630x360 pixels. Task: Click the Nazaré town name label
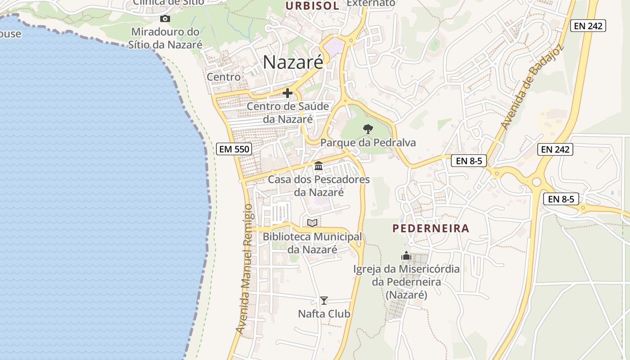(x=293, y=62)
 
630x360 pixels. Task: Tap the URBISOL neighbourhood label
(x=312, y=5)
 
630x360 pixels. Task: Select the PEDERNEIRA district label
(x=431, y=228)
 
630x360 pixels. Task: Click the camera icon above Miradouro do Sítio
(x=165, y=18)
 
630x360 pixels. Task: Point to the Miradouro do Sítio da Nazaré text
(x=165, y=38)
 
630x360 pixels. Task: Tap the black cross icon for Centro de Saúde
(x=287, y=93)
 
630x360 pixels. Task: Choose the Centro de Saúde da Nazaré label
(x=288, y=113)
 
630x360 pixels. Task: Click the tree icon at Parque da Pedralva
(x=368, y=129)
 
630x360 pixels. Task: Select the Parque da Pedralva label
(x=368, y=143)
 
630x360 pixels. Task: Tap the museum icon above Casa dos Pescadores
(x=319, y=166)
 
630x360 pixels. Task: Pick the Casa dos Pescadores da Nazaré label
(x=319, y=186)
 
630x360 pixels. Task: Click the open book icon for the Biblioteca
(x=312, y=222)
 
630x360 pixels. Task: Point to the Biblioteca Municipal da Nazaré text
(x=312, y=243)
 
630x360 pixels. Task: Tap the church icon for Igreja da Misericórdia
(x=406, y=256)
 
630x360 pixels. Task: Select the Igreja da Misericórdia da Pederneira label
(x=406, y=282)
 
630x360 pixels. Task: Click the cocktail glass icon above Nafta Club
(x=324, y=300)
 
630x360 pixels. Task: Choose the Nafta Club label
(x=324, y=314)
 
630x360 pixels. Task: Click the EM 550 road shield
(x=234, y=149)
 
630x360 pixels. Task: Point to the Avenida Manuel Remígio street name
(x=245, y=269)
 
